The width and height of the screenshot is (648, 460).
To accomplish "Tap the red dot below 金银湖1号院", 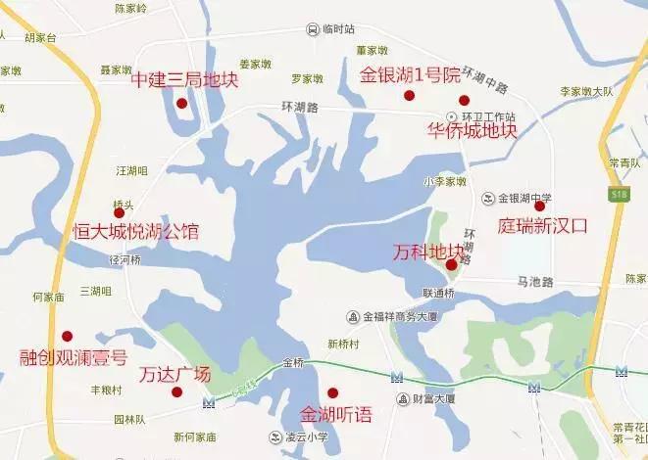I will [410, 95].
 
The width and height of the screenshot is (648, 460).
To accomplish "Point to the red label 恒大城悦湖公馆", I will [136, 232].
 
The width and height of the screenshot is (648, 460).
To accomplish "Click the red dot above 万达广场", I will [176, 392].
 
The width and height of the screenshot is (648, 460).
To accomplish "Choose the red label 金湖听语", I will [336, 414].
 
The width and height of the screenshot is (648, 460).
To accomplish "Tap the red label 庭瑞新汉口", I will [543, 225].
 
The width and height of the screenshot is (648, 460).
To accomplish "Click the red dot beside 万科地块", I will [451, 264].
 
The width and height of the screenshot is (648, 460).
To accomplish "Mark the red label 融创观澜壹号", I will [74, 357].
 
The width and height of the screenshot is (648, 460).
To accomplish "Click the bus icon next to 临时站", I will [312, 29].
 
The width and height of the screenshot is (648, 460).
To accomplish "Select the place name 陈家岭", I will [130, 8].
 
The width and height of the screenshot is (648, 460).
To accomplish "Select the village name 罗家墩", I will [307, 78].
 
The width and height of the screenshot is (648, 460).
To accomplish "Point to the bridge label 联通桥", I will [439, 293].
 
